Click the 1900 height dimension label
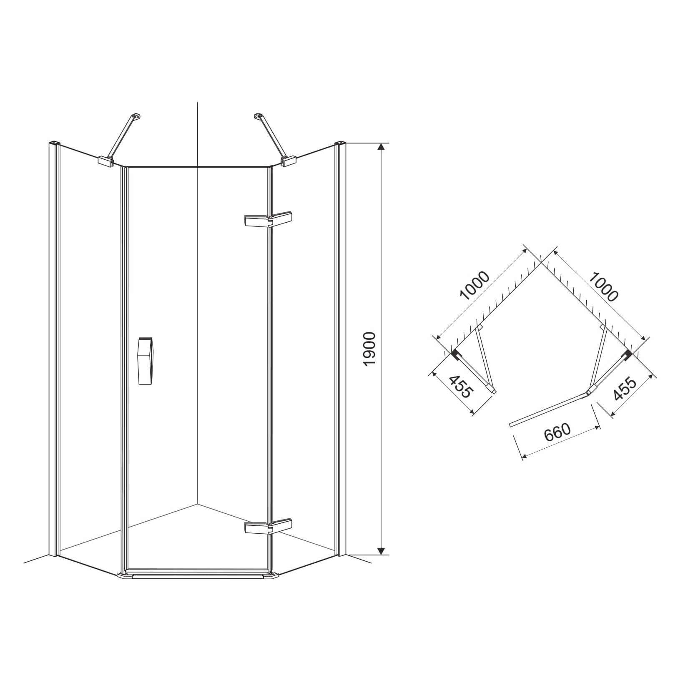[370, 349]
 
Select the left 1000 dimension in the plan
[475, 286]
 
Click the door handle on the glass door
[146, 361]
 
